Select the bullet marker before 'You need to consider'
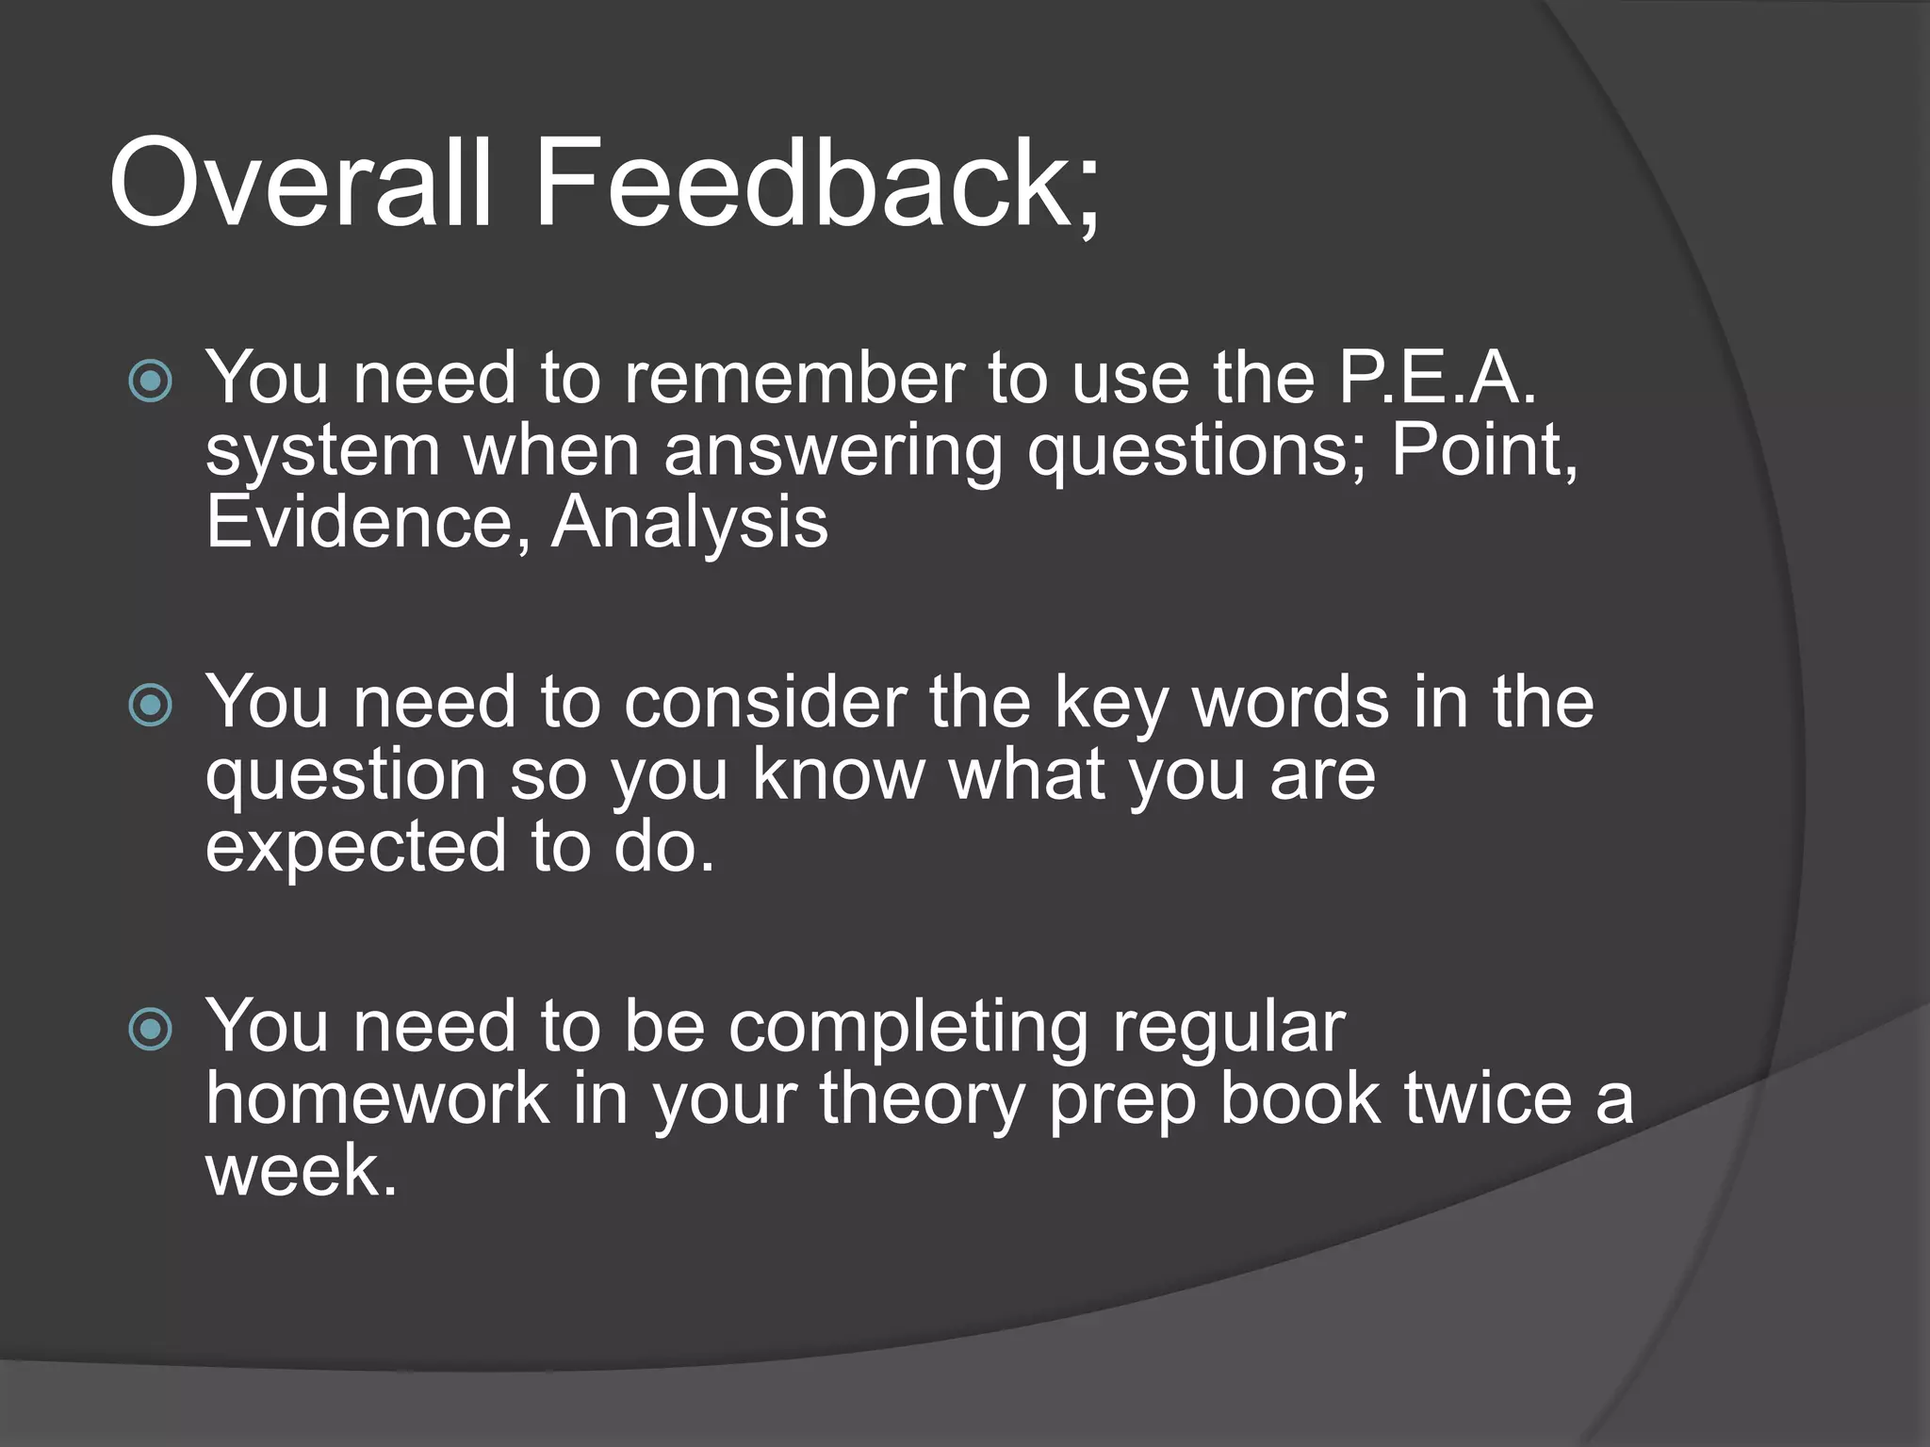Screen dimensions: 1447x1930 tap(151, 706)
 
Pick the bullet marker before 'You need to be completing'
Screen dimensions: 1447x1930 tap(151, 1030)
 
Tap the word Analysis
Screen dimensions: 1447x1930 tap(689, 523)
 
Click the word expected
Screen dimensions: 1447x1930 tap(356, 847)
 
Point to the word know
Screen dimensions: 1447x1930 tap(838, 774)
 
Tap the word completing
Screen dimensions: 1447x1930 tap(908, 1028)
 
